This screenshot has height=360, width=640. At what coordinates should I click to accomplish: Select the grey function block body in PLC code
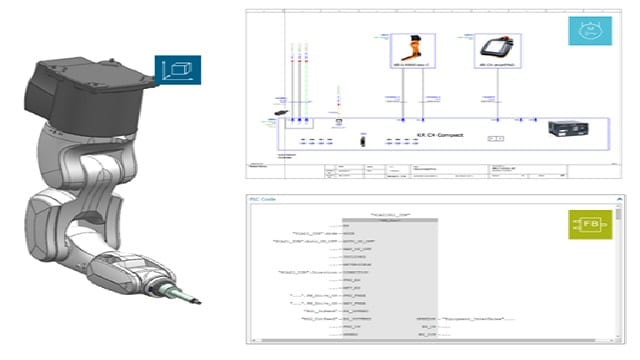pyautogui.click(x=378, y=280)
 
